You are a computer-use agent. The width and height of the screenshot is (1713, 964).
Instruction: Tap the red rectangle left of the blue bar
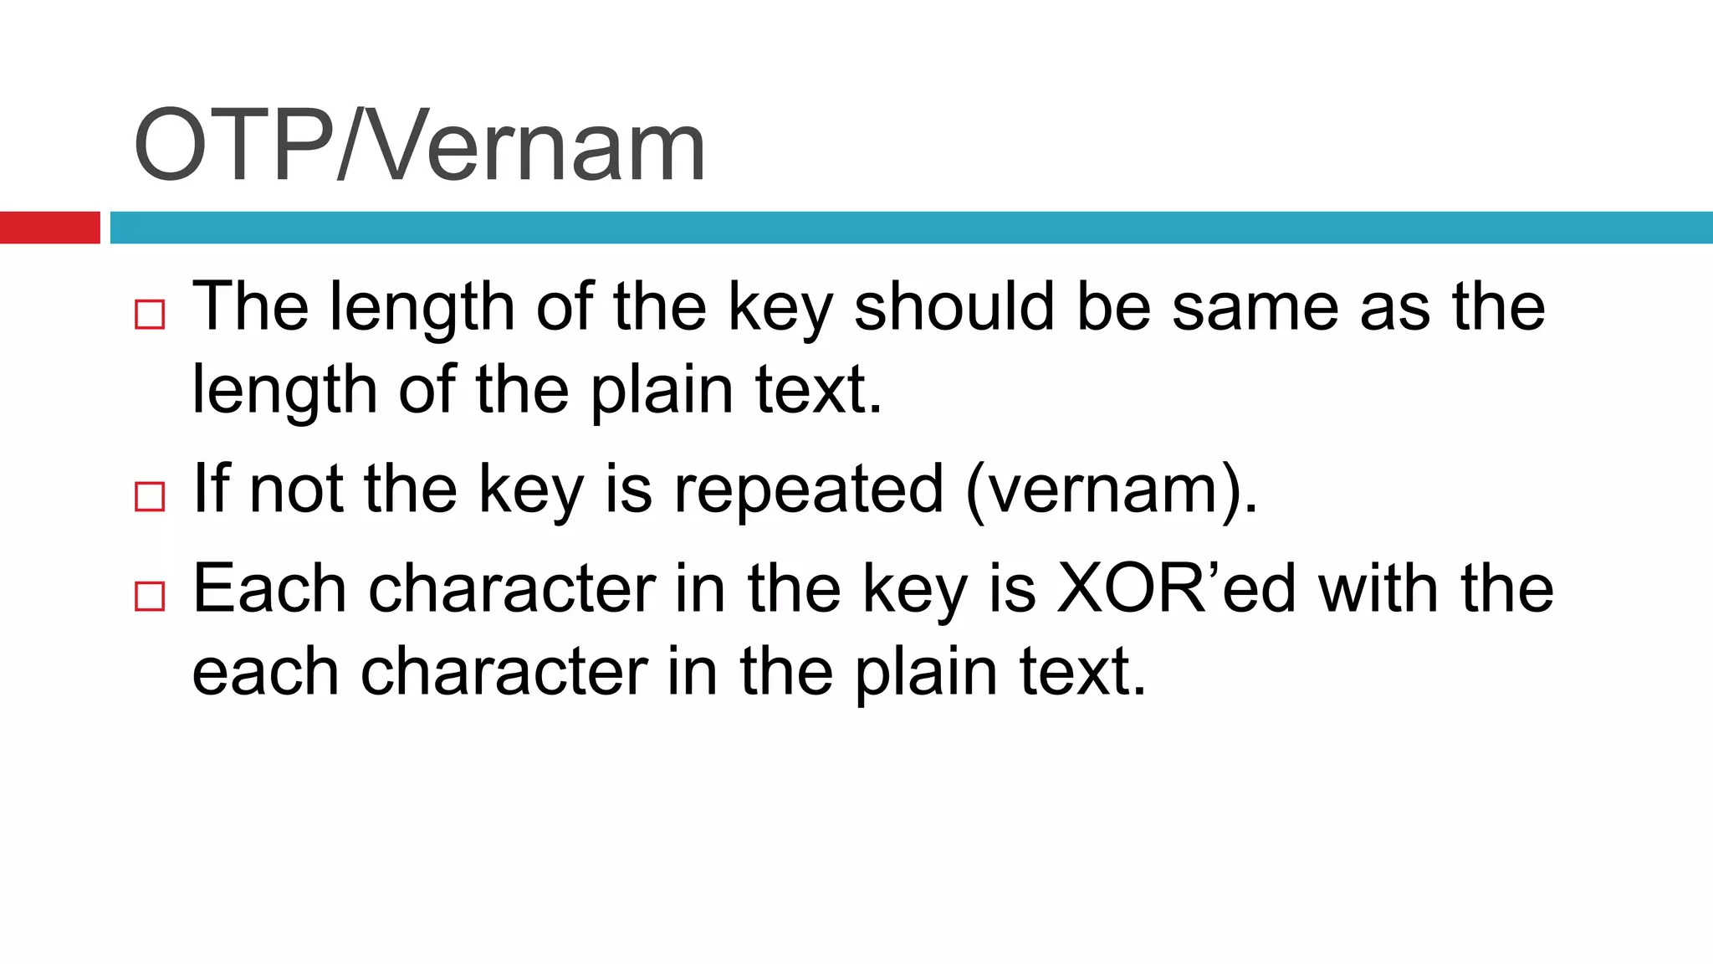click(x=49, y=228)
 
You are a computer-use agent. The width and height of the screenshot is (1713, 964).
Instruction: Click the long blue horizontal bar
click(x=911, y=228)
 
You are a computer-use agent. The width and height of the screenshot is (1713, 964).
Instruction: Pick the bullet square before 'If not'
click(x=150, y=496)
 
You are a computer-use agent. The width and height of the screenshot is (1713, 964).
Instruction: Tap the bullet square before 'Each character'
click(x=150, y=596)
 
